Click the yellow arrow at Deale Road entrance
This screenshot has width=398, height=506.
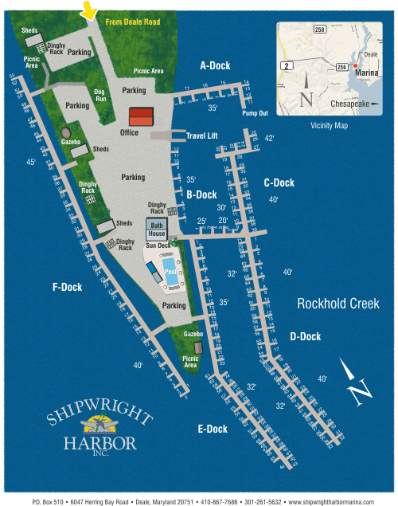[x=89, y=10]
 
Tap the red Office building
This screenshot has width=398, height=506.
[x=141, y=116]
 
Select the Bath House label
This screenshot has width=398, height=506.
[x=156, y=230]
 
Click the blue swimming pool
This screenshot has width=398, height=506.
[x=170, y=265]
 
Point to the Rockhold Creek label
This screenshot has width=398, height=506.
[x=338, y=304]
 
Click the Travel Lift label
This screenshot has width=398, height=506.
[x=202, y=136]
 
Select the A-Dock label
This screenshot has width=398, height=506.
[x=214, y=65]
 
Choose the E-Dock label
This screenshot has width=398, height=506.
[x=213, y=430]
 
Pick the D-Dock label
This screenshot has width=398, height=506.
[x=306, y=337]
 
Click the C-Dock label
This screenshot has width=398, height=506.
[x=279, y=183]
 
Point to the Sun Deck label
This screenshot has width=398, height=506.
[x=158, y=246]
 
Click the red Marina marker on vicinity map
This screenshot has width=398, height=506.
[x=355, y=65]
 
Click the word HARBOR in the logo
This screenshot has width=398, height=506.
[x=101, y=442]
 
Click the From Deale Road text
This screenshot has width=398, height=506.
[x=132, y=22]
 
